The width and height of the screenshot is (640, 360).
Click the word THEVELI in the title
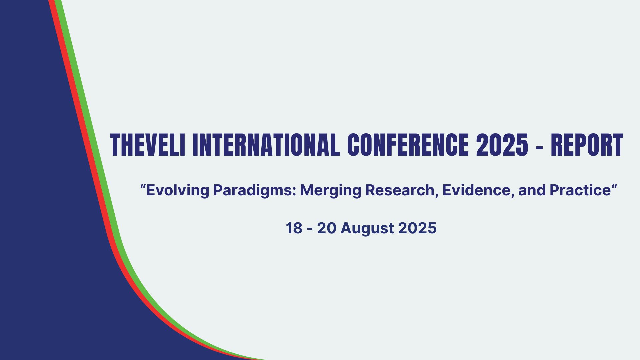pyautogui.click(x=148, y=145)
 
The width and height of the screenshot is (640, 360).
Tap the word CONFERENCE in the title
pyautogui.click(x=408, y=145)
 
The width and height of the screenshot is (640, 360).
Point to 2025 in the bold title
pyautogui.click(x=502, y=145)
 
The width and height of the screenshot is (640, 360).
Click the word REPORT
pyautogui.click(x=587, y=145)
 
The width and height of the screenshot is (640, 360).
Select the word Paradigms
pyautogui.click(x=254, y=190)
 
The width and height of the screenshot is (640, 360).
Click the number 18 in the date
pyautogui.click(x=294, y=228)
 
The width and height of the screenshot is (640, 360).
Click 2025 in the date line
pyautogui.click(x=417, y=228)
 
